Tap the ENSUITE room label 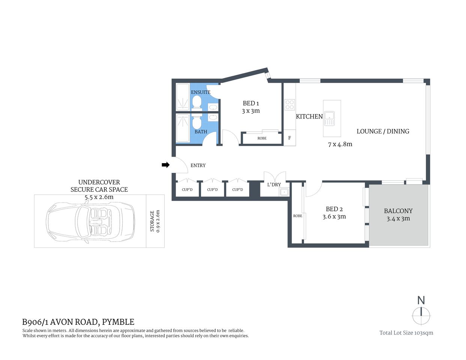point(201,92)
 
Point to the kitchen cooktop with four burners point(289,104)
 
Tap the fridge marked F point(290,138)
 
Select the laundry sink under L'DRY point(284,192)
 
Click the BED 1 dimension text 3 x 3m point(251,111)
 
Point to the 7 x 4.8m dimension point(340,144)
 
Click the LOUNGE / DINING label point(383,131)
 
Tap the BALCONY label point(398,211)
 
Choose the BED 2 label point(334,209)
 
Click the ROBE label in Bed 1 point(262,138)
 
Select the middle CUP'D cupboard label point(212,190)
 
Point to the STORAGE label point(152,221)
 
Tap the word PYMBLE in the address point(118,322)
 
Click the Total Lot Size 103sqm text point(406,333)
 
